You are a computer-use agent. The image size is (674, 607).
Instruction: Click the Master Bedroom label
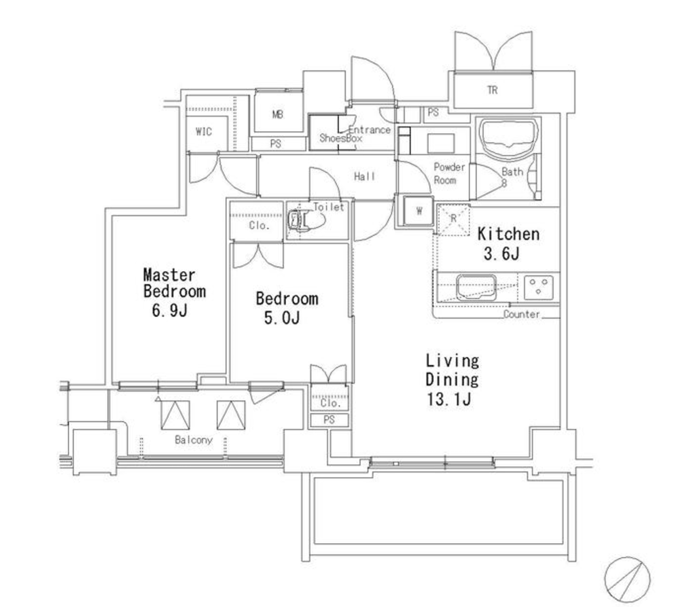click(174, 283)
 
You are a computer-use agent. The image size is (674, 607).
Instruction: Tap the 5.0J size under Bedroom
click(281, 318)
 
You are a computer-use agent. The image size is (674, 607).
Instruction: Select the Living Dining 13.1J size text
click(448, 400)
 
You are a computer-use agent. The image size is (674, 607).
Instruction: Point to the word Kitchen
click(508, 235)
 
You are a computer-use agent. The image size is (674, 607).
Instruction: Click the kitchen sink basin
click(476, 287)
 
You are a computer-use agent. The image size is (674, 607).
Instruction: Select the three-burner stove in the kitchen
click(539, 287)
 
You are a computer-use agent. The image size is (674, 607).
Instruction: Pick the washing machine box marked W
click(419, 211)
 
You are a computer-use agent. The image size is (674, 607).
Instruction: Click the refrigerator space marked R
click(453, 220)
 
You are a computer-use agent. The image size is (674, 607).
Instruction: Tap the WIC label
click(204, 132)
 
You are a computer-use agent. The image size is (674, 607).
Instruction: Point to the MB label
click(278, 115)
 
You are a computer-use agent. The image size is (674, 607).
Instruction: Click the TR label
click(493, 90)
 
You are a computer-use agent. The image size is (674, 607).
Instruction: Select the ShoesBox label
click(341, 139)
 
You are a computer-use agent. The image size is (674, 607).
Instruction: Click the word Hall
click(364, 176)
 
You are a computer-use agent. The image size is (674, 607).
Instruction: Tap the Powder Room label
click(449, 173)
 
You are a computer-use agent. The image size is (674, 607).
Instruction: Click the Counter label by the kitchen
click(521, 314)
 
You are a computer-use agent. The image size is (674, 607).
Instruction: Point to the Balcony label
click(194, 440)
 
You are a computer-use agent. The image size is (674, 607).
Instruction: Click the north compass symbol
click(627, 578)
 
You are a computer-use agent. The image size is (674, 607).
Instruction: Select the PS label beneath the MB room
click(276, 144)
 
